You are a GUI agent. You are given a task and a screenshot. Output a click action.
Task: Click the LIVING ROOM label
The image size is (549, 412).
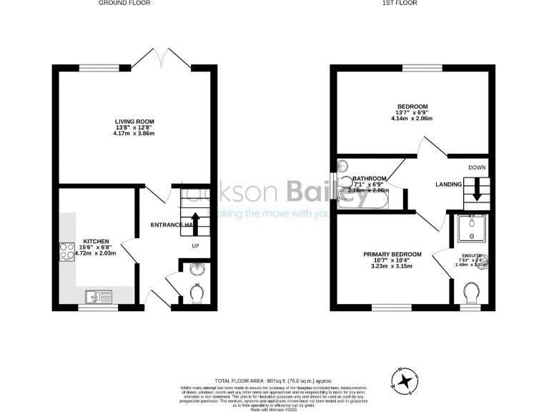(x=134, y=122)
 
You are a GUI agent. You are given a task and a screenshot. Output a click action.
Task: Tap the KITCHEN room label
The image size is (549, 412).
(x=96, y=241)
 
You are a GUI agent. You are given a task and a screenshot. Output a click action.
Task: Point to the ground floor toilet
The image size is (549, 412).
(x=197, y=293)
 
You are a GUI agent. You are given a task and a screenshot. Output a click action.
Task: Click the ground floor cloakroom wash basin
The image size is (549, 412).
(x=197, y=270)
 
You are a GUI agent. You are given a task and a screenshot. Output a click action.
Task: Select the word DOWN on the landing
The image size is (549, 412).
(x=477, y=167)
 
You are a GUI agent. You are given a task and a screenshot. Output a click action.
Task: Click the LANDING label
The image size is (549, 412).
(x=448, y=185)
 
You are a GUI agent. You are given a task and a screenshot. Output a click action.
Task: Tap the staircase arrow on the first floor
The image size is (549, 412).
(x=477, y=192)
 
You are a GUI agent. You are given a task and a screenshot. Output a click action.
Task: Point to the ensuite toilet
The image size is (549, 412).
(x=471, y=293)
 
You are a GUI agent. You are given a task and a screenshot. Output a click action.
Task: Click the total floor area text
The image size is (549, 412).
(x=274, y=381)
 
